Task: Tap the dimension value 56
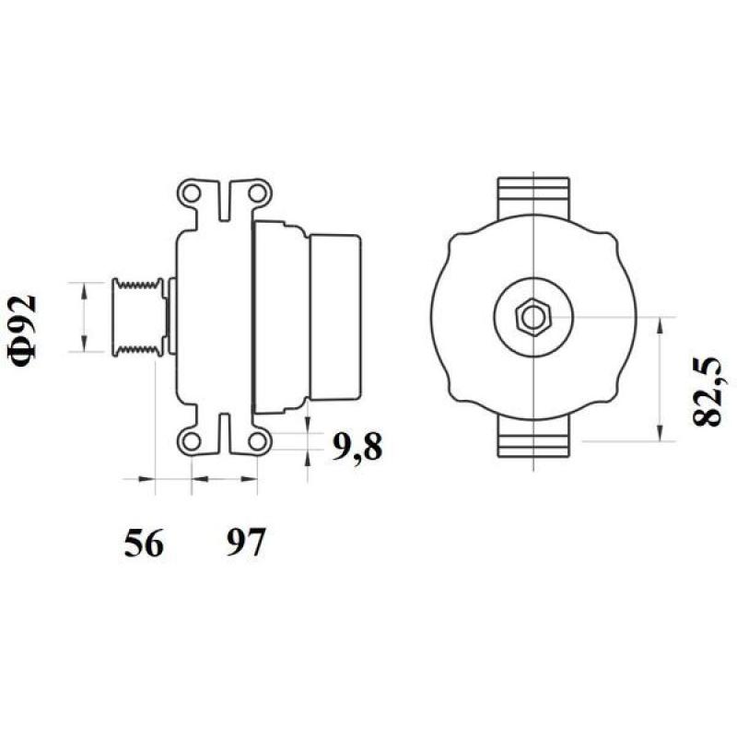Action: [144, 544]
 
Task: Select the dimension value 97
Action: [244, 544]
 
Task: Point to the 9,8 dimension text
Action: [356, 449]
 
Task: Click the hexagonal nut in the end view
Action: [533, 317]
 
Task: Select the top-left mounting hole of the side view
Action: [191, 193]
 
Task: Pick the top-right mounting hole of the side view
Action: [259, 193]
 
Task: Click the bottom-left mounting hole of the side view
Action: [191, 439]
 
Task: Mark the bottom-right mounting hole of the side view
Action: [259, 439]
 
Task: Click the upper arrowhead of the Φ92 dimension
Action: [84, 288]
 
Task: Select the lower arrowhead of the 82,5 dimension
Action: [661, 435]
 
